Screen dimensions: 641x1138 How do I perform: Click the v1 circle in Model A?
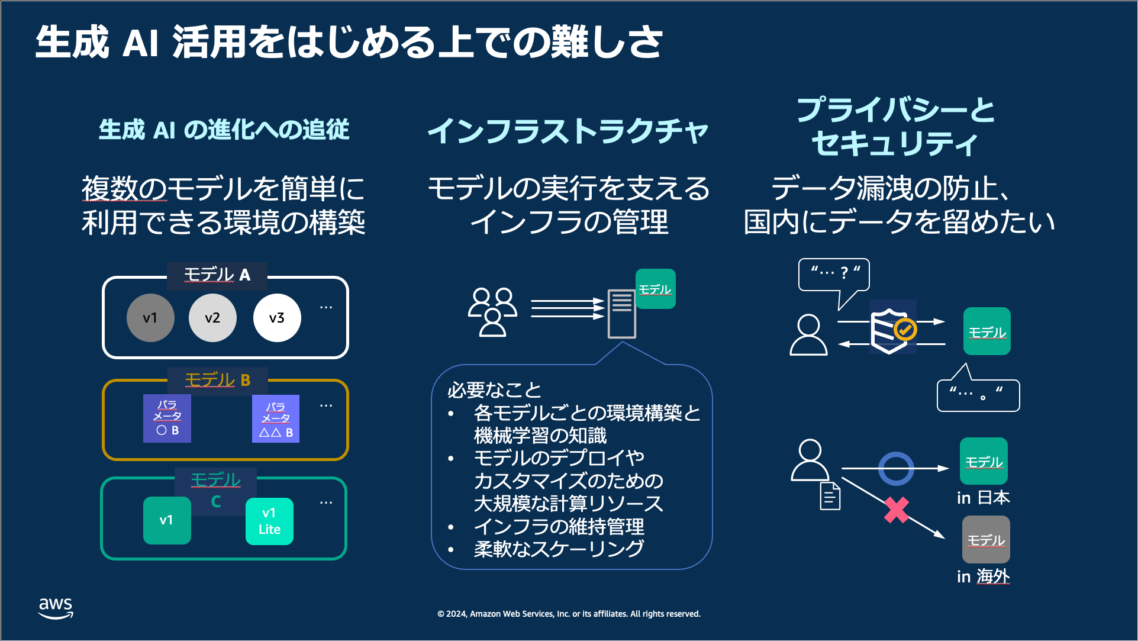150,318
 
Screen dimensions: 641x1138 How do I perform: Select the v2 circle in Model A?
212,318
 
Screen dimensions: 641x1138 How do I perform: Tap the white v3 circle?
277,318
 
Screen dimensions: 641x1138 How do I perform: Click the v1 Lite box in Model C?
269,521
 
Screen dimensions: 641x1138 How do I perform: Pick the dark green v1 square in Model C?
167,520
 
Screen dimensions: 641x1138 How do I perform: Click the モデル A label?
217,275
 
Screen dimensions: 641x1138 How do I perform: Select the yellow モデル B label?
218,379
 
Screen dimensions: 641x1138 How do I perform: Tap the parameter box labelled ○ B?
167,418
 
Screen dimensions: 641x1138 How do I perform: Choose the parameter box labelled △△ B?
276,419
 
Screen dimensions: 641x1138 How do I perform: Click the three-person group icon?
492,312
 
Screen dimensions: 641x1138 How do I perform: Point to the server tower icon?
621,314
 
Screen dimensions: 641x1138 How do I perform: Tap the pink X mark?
897,510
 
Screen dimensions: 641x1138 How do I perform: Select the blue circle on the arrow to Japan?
896,468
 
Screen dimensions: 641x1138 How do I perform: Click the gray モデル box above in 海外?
986,539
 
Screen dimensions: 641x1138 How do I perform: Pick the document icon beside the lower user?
830,496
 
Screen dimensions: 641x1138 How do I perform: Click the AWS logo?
56,608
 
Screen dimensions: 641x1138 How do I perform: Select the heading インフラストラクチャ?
568,131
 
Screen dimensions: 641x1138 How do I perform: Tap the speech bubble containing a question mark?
834,274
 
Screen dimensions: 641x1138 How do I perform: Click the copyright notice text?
569,614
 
